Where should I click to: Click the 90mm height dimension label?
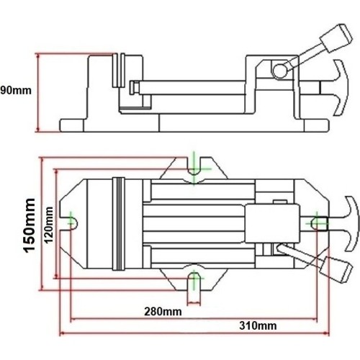click(15, 91)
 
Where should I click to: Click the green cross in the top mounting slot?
click(196, 168)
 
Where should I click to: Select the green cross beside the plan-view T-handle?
click(318, 224)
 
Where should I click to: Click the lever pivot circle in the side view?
click(279, 69)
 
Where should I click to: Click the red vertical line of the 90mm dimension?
click(36, 92)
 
